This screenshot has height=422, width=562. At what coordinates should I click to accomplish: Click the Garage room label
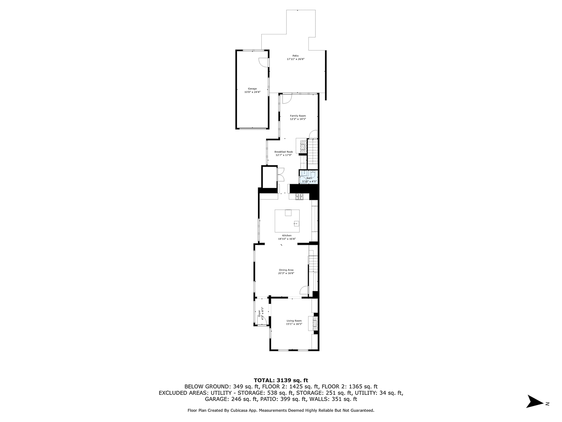point(252,89)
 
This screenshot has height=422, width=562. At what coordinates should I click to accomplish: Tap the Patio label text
point(296,56)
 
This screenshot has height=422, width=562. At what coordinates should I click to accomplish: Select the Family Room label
point(297,116)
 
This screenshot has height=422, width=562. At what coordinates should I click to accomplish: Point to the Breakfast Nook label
point(283,152)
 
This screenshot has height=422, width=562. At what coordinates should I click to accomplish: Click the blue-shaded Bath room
point(309,179)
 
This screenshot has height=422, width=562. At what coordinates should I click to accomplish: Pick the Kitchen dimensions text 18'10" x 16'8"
point(287,239)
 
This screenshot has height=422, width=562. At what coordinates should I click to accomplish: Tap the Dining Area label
point(286,270)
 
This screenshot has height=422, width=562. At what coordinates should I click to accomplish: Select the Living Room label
point(294,321)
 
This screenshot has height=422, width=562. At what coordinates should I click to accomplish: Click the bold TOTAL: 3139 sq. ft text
point(281,380)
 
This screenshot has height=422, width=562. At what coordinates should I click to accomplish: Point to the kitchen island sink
point(296,224)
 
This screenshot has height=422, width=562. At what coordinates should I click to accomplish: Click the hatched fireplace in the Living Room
point(315,323)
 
